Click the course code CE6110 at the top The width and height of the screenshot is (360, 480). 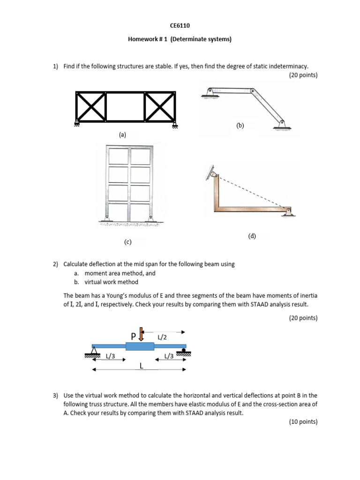point(180,26)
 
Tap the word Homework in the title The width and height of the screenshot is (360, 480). point(142,39)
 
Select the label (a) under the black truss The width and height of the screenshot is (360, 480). point(123,135)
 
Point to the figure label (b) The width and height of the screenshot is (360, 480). point(240,126)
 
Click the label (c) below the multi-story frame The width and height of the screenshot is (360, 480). point(128,242)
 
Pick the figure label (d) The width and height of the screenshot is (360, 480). point(252,236)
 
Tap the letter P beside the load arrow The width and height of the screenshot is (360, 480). point(134,336)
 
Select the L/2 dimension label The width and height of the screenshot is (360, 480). point(162,337)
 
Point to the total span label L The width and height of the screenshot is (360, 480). point(141,366)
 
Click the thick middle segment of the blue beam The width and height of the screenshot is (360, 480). point(140,346)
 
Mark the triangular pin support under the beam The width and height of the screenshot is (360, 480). point(95,350)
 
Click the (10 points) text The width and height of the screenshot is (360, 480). point(303,422)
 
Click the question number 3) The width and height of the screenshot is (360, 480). point(55,396)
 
